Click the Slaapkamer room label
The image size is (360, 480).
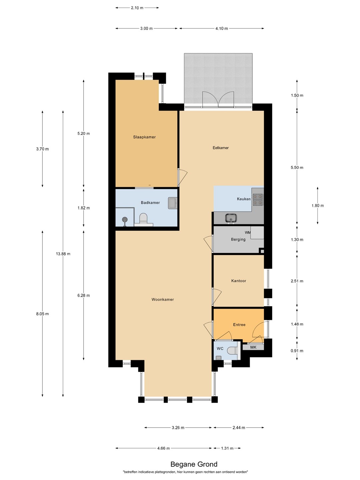pyautogui.click(x=144, y=137)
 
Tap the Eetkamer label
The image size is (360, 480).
pyautogui.click(x=221, y=148)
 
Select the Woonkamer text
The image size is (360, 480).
pyautogui.click(x=163, y=300)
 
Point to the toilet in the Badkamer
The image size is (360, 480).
pyautogui.click(x=143, y=219)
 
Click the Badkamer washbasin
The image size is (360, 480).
pyautogui.click(x=172, y=203)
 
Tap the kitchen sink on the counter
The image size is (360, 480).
pyautogui.click(x=231, y=218)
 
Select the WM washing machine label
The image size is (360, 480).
pyautogui.click(x=248, y=232)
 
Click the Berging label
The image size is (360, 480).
pyautogui.click(x=238, y=239)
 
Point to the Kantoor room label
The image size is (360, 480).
pyautogui.click(x=238, y=281)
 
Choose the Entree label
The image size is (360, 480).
pyautogui.click(x=239, y=325)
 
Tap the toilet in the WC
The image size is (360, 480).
pyautogui.click(x=232, y=351)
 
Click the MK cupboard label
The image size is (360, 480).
pyautogui.click(x=253, y=347)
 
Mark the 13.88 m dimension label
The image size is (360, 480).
pyautogui.click(x=63, y=254)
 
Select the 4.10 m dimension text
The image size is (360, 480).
pyautogui.click(x=222, y=28)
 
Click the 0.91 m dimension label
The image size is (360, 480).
pyautogui.click(x=297, y=351)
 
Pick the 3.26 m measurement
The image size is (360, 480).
pyautogui.click(x=178, y=428)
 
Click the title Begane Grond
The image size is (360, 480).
pyautogui.click(x=194, y=464)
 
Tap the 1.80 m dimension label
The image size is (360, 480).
pyautogui.click(x=318, y=206)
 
